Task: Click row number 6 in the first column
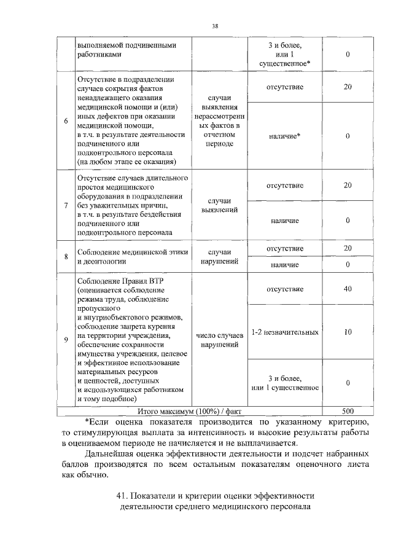pos(66,120)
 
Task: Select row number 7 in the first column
pos(66,205)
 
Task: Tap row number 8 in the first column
pos(66,256)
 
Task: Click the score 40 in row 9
pos(348,289)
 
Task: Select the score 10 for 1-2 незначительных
pos(348,332)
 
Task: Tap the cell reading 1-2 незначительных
pos(284,332)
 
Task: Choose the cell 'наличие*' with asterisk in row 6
pos(284,136)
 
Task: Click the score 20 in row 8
pos(348,248)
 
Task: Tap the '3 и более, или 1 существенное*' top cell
pos(284,54)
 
